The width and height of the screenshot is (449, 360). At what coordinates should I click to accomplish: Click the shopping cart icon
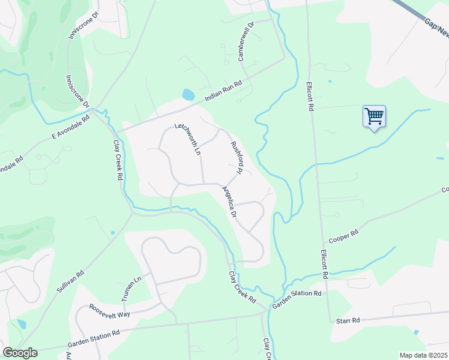click(373, 115)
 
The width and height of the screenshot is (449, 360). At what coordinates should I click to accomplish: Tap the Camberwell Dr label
click(246, 40)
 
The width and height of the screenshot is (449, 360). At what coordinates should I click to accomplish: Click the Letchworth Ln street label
click(187, 139)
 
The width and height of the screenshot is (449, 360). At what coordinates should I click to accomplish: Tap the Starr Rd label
click(348, 320)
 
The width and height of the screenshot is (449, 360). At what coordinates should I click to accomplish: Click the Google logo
click(20, 353)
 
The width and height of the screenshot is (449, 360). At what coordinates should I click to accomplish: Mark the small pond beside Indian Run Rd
click(188, 95)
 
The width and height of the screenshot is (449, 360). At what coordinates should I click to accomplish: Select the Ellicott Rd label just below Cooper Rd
click(325, 265)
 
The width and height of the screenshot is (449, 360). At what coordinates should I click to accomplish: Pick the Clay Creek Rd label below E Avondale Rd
click(118, 161)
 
